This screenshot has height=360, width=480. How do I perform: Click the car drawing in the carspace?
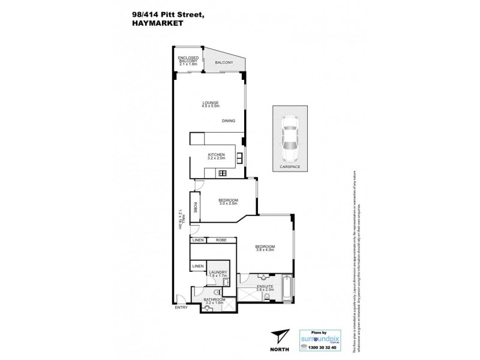[x=290, y=137]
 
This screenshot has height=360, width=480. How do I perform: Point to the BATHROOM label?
[x=214, y=301]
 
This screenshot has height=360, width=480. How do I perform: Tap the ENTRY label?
[x=181, y=308]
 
